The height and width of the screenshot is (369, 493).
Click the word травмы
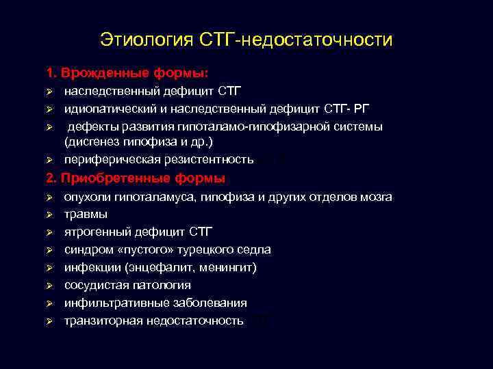[86, 214]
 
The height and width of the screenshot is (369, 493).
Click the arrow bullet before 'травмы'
[49, 215]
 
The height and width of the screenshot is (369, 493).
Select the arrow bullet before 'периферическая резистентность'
[49, 161]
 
